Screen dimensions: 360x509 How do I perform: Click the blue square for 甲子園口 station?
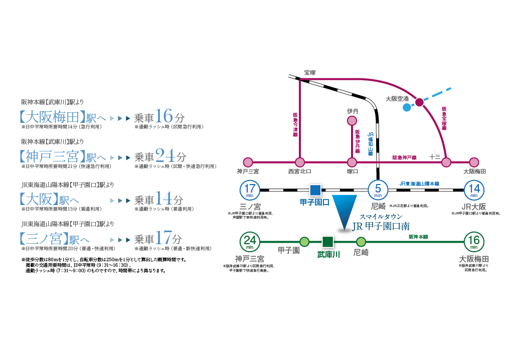[315, 190]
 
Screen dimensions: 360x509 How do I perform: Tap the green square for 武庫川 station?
[327, 242]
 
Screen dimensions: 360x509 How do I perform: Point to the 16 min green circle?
[473, 242]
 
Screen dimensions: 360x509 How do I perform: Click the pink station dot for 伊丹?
[353, 121]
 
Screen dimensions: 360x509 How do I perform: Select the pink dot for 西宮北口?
[300, 162]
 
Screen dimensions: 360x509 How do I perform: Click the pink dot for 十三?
[446, 162]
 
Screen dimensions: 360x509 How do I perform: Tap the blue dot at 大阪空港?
[407, 107]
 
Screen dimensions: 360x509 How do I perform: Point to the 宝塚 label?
[310, 72]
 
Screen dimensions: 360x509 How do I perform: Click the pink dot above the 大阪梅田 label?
[474, 162]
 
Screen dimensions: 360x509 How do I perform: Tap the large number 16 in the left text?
[164, 117]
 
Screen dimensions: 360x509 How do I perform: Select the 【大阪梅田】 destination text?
[50, 118]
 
